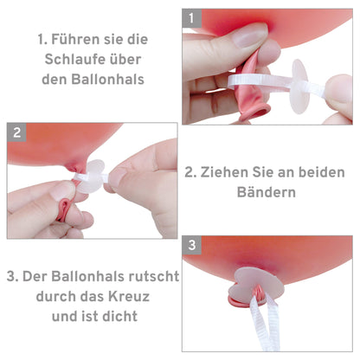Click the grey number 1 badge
(x=192, y=18)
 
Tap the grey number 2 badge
(x=16, y=132)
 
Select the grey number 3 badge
(x=192, y=245)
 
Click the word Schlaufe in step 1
(x=73, y=60)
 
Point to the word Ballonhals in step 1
(x=107, y=80)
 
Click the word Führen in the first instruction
(x=76, y=39)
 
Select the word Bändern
(x=267, y=192)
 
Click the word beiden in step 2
(x=322, y=172)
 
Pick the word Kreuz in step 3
(x=129, y=296)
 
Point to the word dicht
(x=120, y=316)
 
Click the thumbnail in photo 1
(x=250, y=35)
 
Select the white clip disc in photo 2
(x=91, y=177)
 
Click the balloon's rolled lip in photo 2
(x=64, y=210)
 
